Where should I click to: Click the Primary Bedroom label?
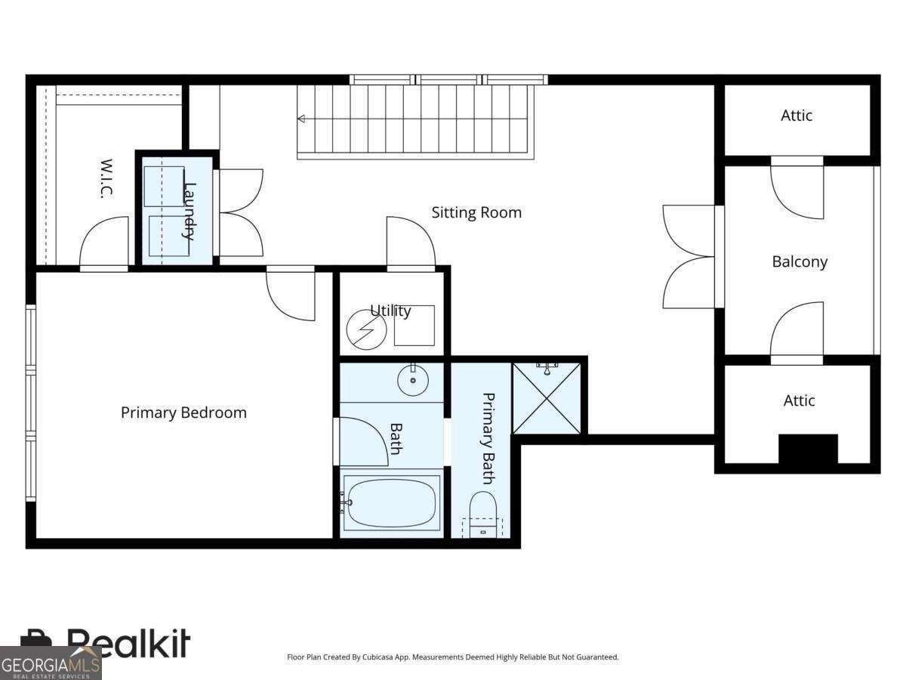tap(183, 413)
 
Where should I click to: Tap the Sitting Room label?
tap(476, 212)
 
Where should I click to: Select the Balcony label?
tap(800, 261)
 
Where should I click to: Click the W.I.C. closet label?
tap(106, 178)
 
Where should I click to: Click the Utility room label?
tap(390, 311)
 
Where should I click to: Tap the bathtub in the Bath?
tap(391, 501)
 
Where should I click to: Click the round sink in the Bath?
tap(413, 380)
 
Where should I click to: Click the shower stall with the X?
tap(547, 398)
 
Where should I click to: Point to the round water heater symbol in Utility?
tap(366, 329)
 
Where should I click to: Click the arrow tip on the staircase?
tap(300, 119)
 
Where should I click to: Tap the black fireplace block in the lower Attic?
tap(808, 449)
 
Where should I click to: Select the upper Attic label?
tap(797, 116)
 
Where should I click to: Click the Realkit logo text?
tap(128, 644)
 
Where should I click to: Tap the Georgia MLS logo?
tap(50, 663)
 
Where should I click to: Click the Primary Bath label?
tap(488, 438)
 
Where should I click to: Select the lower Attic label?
tap(799, 400)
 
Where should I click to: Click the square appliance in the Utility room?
tap(414, 325)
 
